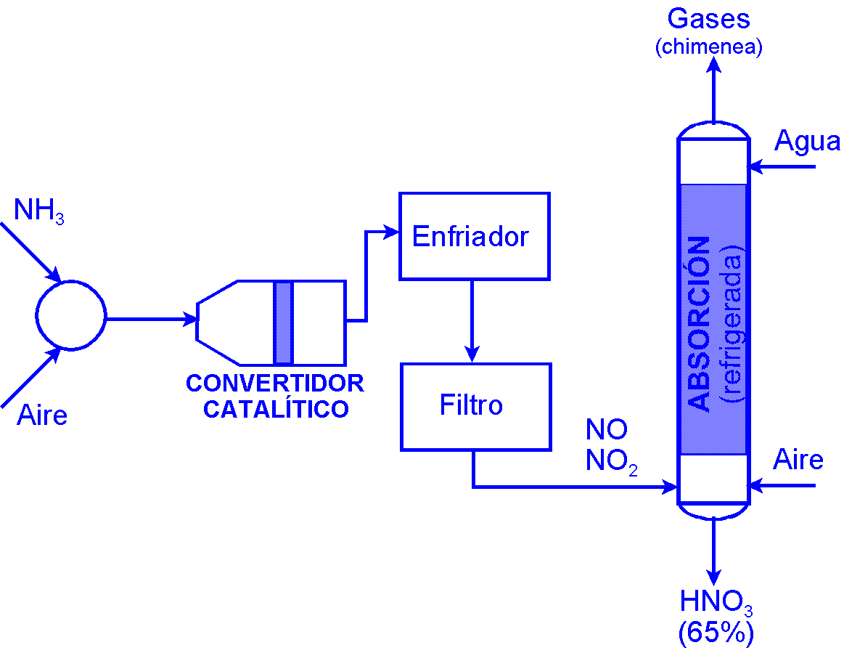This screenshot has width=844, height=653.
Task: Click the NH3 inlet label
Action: tap(38, 212)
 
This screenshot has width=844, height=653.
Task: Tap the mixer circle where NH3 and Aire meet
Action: tap(70, 316)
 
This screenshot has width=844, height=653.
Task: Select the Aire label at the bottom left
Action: tap(42, 415)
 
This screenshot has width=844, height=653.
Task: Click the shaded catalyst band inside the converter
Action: tap(283, 323)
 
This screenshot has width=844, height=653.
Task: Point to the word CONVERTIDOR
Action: tap(275, 384)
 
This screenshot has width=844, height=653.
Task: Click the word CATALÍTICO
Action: tap(276, 409)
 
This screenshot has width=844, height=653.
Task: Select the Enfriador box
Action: tap(474, 236)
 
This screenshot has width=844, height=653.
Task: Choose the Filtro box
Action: tap(475, 406)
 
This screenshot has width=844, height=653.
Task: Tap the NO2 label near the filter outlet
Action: tap(611, 462)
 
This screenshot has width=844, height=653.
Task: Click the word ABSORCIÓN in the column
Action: tap(699, 323)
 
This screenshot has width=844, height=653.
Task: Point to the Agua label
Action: tap(807, 141)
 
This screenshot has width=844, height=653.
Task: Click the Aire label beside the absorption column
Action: tap(798, 460)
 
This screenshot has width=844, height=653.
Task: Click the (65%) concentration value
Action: tap(716, 633)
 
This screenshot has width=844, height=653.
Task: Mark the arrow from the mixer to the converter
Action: tap(152, 318)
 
